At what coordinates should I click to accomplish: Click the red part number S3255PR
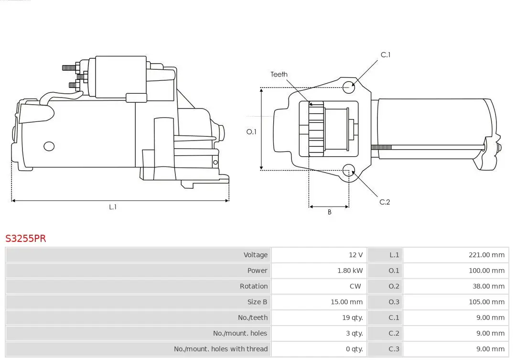(26, 238)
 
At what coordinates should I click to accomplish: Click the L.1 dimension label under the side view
(113, 207)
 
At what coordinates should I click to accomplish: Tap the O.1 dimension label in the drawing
(251, 131)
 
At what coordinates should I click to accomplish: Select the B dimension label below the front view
(329, 212)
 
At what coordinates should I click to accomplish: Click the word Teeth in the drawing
(279, 74)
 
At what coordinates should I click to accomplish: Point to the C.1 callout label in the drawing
(385, 55)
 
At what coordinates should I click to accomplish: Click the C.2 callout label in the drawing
(385, 202)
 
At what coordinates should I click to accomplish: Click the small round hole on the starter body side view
(49, 146)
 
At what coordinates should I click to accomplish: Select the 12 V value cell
(355, 255)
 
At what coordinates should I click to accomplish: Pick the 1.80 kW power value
(350, 271)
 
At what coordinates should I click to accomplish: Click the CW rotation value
(355, 286)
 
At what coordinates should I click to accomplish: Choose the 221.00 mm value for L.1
(486, 255)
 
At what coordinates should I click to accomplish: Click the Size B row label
(257, 302)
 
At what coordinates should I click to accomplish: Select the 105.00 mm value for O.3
(486, 302)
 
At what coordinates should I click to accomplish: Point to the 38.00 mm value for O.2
(488, 286)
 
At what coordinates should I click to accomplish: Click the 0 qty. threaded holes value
(354, 349)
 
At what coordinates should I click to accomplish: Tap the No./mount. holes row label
(240, 333)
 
